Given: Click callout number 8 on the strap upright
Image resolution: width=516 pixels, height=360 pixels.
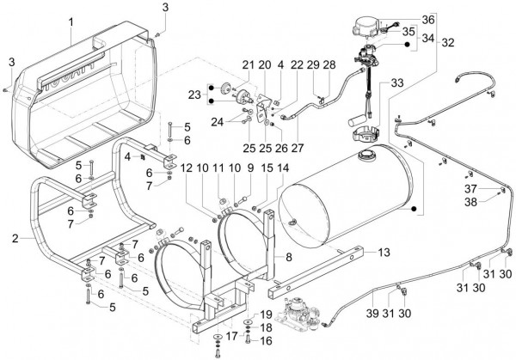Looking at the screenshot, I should click(289, 257).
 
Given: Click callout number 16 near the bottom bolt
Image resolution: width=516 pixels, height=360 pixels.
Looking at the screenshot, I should click(266, 341).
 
